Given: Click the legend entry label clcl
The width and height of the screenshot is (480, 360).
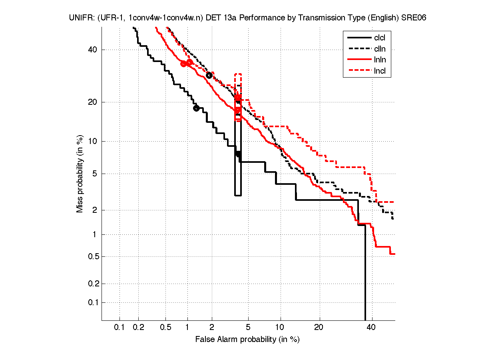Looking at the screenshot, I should pos(380,38).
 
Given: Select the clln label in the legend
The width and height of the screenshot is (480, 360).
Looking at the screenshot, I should pos(380,49).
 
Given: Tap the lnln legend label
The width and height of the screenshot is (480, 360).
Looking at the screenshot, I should pos(380,60).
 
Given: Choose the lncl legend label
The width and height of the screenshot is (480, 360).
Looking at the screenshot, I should pos(380,72).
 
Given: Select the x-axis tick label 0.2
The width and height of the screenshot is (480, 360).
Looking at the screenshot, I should pos(139,328).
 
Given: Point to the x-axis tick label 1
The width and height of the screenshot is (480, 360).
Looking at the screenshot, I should pos(187,328).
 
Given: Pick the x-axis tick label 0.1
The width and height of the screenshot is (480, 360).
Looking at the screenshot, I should pos(120,328).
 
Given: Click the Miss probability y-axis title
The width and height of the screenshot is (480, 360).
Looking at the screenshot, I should pos(80,173).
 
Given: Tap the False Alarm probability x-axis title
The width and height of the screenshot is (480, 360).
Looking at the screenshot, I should pos(247,340).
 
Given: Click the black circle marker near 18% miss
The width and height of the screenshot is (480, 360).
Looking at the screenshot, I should pos(196,108).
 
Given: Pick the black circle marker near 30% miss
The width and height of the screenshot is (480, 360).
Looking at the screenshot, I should pos(209,75).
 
